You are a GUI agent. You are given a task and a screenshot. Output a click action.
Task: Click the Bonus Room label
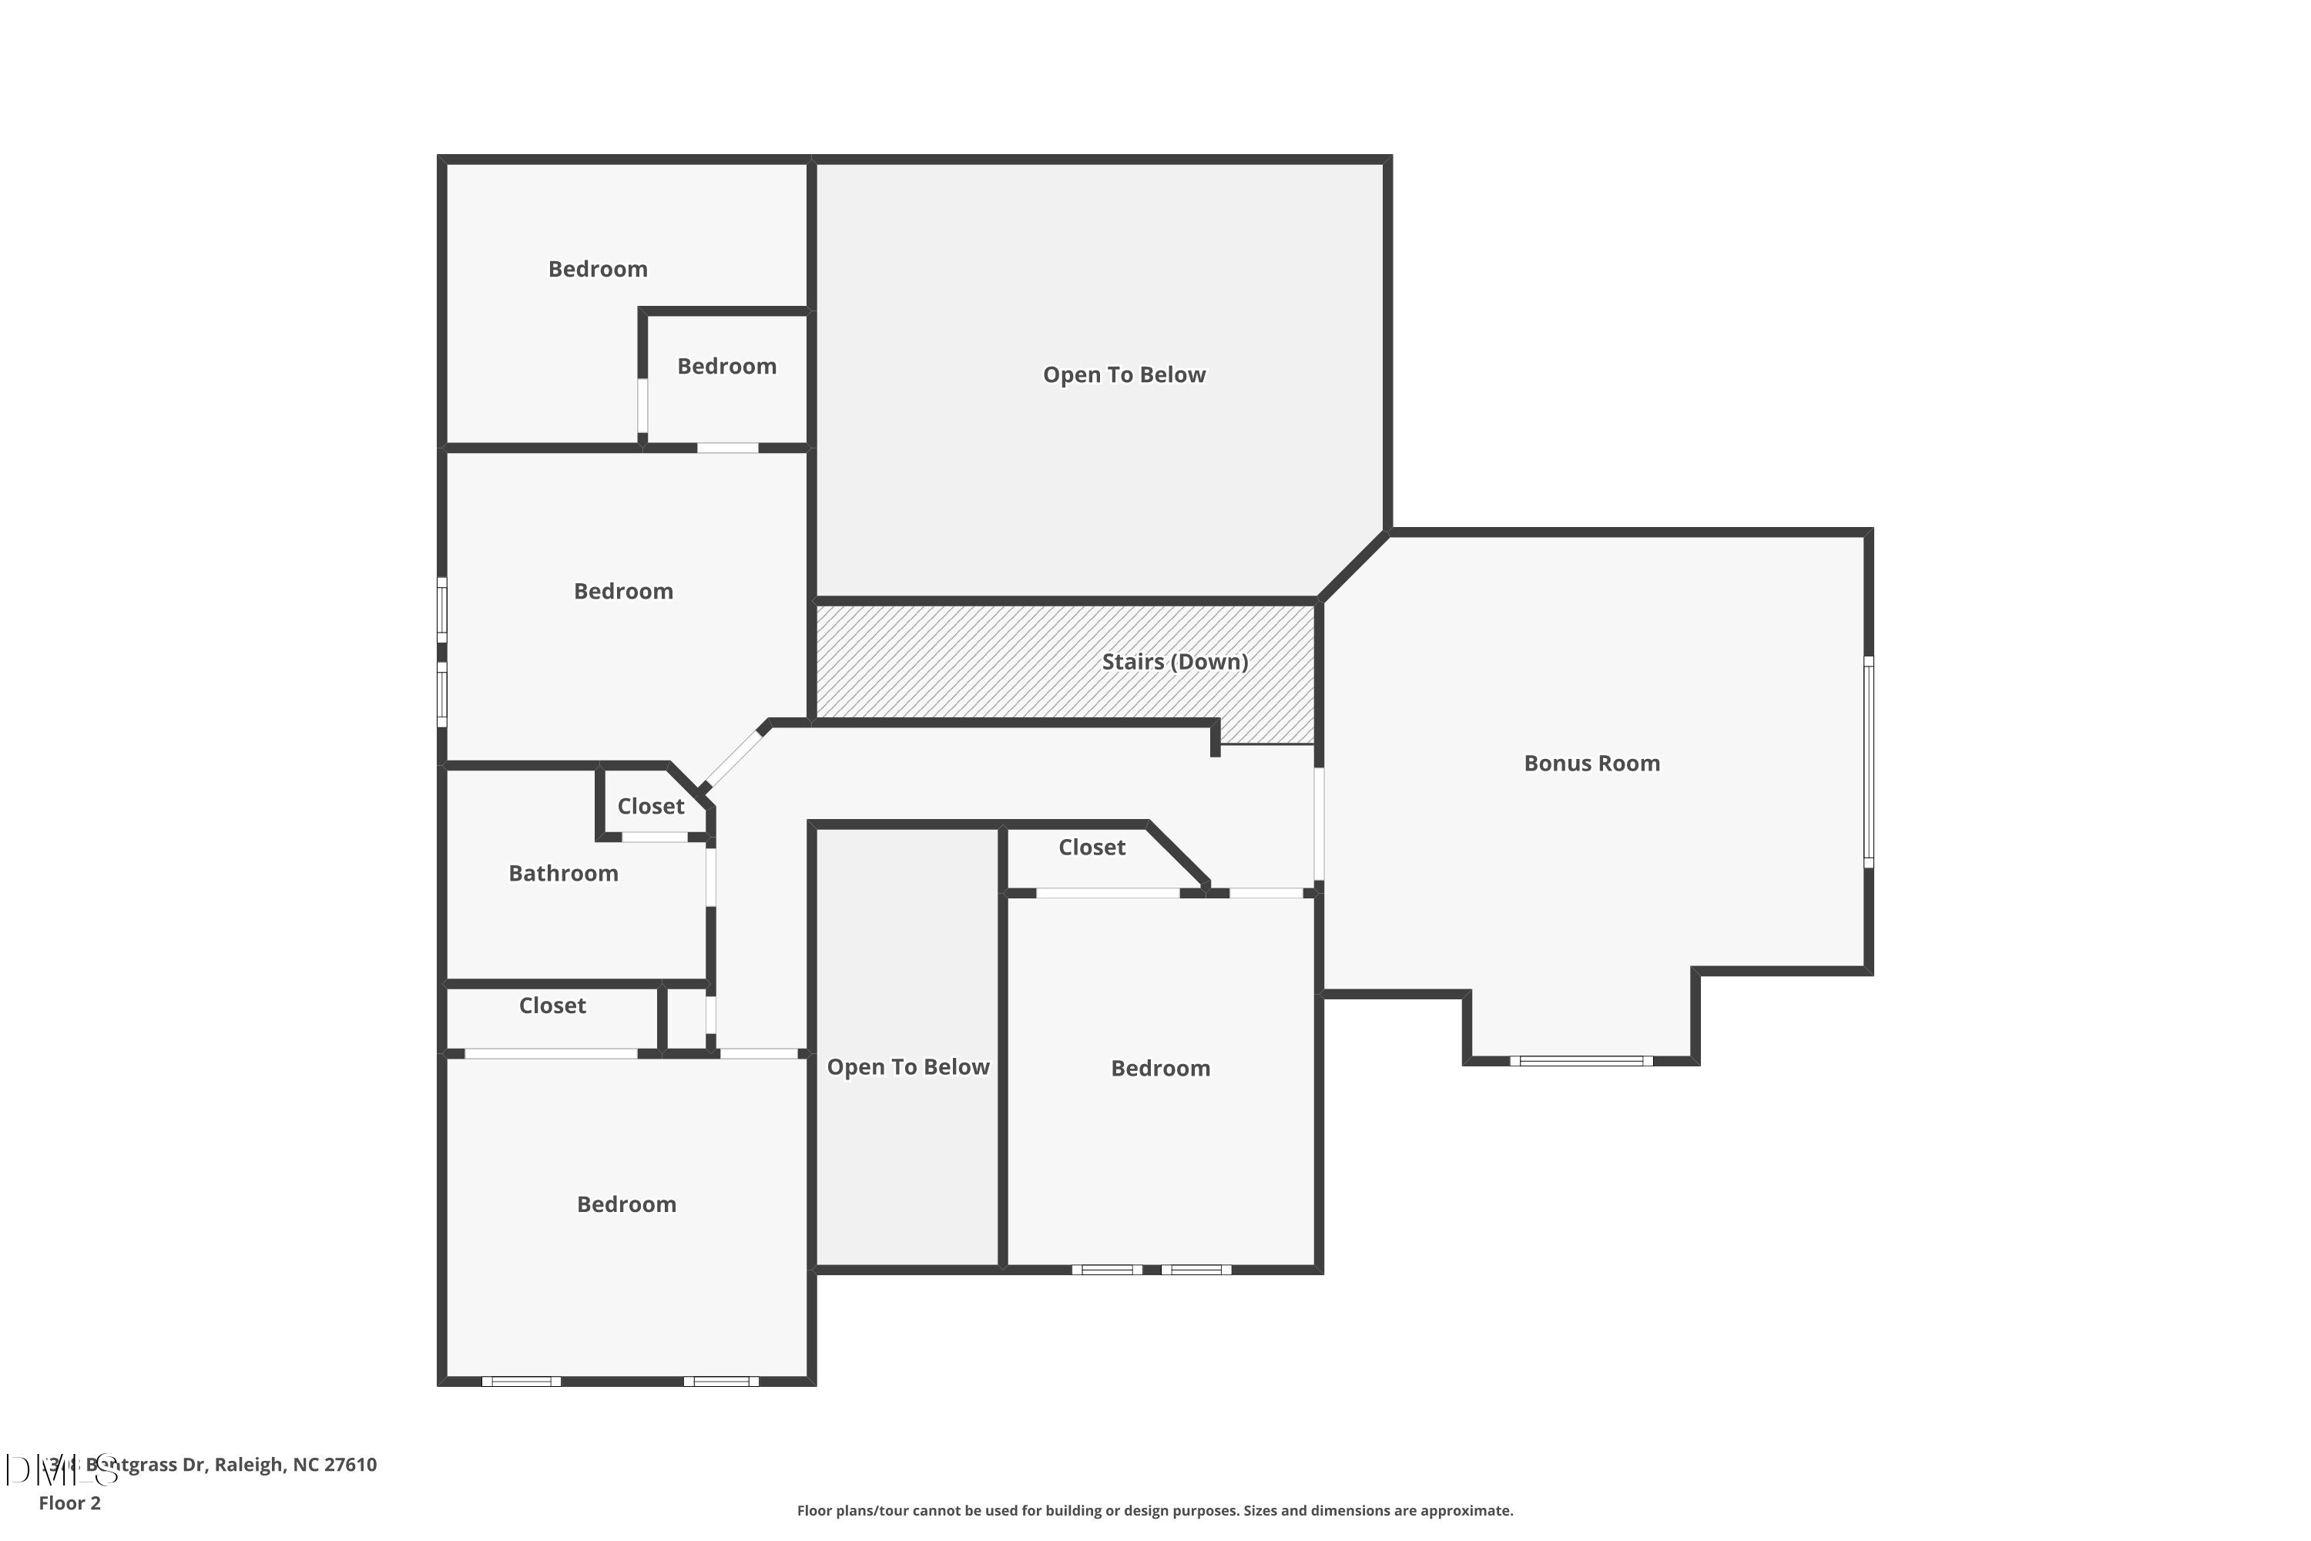pyautogui.click(x=1591, y=764)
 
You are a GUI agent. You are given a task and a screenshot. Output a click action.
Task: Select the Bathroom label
pyautogui.click(x=563, y=874)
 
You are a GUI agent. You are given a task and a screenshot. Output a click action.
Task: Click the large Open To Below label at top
pyautogui.click(x=1123, y=375)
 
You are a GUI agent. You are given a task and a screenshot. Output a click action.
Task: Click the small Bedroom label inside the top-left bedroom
pyautogui.click(x=726, y=367)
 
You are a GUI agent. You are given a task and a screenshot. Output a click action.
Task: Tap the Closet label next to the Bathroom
pyautogui.click(x=650, y=807)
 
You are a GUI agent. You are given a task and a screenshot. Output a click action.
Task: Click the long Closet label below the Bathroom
pyautogui.click(x=552, y=1006)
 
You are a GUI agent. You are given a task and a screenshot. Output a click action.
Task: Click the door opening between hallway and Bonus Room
pyautogui.click(x=1319, y=824)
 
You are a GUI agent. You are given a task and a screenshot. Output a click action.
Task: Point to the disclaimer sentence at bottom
pyautogui.click(x=1155, y=1510)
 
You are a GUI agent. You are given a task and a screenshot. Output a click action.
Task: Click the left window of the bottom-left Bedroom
pyautogui.click(x=521, y=1382)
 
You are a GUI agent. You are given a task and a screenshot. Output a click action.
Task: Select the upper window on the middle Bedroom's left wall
pyautogui.click(x=442, y=610)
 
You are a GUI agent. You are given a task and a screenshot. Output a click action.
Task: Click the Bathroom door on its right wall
pyautogui.click(x=710, y=877)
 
